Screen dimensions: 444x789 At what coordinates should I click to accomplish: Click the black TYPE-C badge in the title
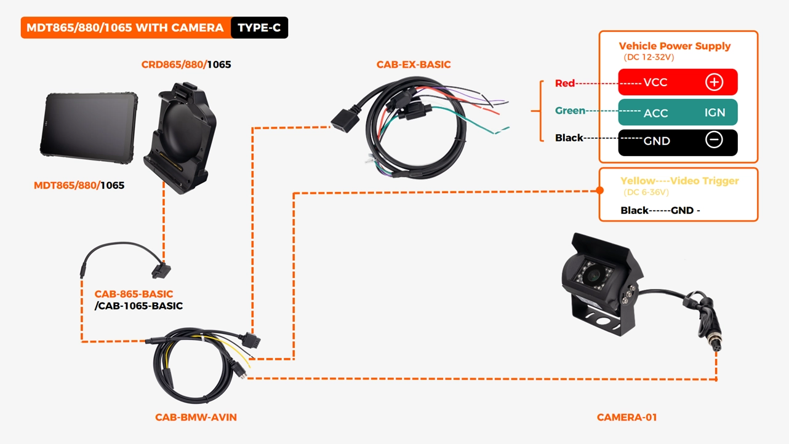[x=259, y=28]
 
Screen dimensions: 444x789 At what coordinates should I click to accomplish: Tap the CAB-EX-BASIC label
[x=414, y=65]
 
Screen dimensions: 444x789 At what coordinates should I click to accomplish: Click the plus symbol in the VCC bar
[x=714, y=82]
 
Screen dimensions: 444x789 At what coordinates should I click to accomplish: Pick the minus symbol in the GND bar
[x=714, y=140]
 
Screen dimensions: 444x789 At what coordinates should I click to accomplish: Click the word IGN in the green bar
[x=715, y=113]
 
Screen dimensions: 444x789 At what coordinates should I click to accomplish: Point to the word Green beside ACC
[x=570, y=111]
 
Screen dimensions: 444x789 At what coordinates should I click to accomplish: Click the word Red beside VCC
[x=564, y=83]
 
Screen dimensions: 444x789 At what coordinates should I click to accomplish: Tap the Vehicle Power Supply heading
[x=675, y=46]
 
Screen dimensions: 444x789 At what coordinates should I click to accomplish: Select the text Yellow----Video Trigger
[x=679, y=181]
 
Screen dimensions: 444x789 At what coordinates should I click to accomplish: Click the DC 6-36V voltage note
[x=646, y=192]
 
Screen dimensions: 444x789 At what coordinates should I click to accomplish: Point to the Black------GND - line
[x=660, y=210]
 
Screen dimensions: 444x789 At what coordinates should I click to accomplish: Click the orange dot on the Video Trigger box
[x=600, y=191]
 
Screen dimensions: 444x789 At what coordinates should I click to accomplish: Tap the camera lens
[x=593, y=275]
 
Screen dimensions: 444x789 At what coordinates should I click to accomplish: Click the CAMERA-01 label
[x=627, y=418]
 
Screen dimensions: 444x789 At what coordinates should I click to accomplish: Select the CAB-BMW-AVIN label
[x=196, y=418]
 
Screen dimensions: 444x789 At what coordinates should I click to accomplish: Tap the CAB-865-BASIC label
[x=134, y=294]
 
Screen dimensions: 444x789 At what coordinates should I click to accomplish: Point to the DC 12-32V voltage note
[x=649, y=57]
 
